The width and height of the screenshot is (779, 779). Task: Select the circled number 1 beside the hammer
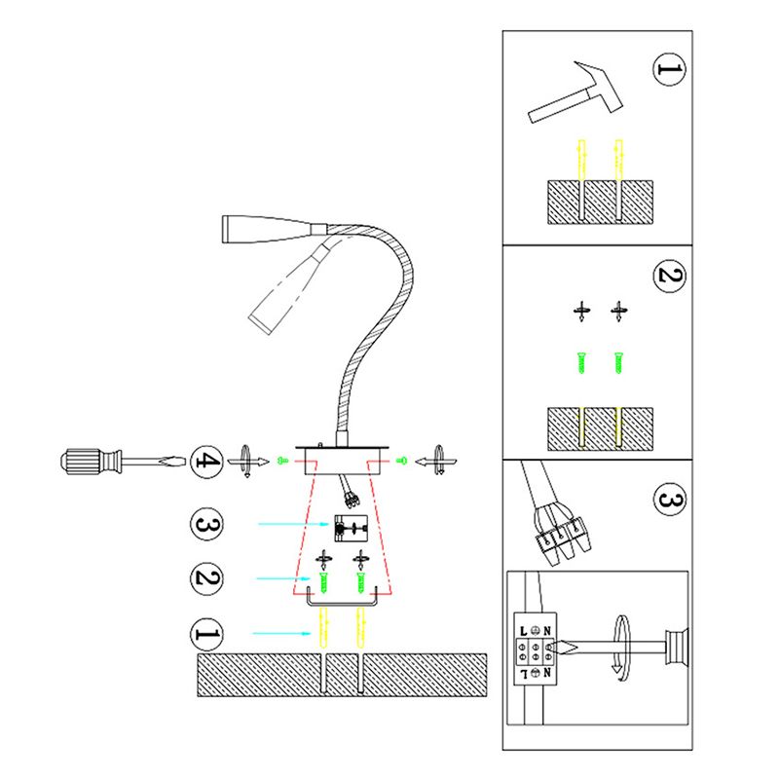tap(668, 70)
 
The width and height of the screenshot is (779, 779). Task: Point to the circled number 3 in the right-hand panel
tap(669, 501)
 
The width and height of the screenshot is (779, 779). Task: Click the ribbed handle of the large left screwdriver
tap(88, 459)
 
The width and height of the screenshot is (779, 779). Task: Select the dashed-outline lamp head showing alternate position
tap(287, 287)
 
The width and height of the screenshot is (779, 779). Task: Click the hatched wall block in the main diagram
tap(341, 675)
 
